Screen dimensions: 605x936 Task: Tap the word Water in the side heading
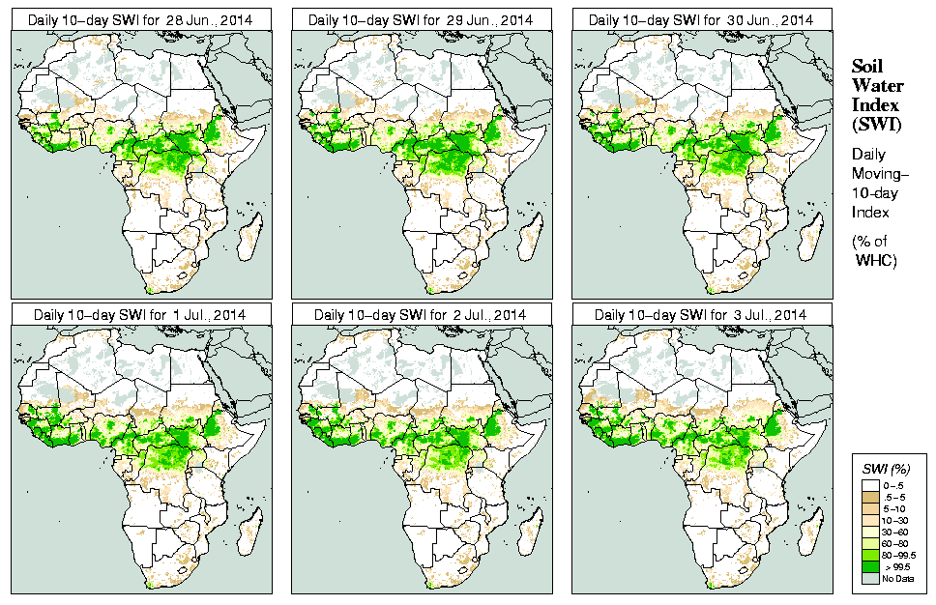pos(877,86)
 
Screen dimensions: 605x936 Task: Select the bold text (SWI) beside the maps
pos(875,124)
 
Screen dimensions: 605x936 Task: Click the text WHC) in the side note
pos(878,262)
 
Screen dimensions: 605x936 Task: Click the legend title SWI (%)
pos(881,468)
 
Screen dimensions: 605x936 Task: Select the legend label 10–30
pos(895,520)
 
